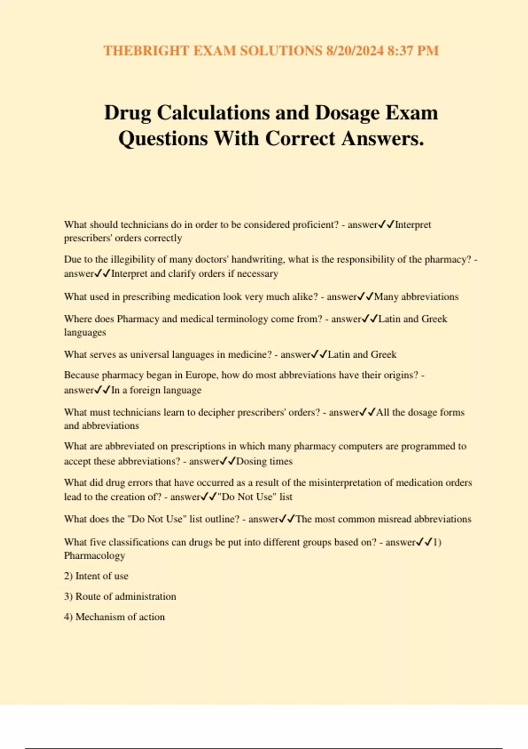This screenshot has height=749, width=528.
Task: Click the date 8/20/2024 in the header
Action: pos(355,51)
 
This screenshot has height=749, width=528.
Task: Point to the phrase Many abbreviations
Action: pos(416,297)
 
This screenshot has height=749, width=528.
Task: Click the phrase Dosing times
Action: pos(264,461)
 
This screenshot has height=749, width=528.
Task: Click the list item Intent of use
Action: pos(102,576)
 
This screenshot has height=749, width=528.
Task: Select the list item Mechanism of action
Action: pos(120,617)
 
